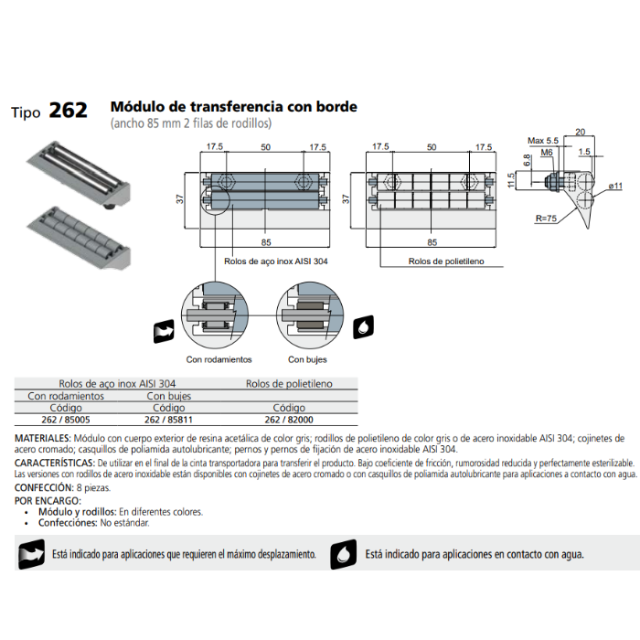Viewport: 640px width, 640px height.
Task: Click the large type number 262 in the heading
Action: (69, 111)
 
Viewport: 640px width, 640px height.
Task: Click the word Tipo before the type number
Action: (26, 112)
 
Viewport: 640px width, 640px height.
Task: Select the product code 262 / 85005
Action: (66, 420)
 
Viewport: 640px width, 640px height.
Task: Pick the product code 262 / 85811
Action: (168, 420)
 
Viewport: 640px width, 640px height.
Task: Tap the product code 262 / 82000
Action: (289, 420)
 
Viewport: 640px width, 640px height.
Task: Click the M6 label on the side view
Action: (547, 153)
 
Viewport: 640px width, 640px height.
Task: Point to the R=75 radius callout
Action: (546, 219)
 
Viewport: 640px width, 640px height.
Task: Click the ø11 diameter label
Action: (615, 187)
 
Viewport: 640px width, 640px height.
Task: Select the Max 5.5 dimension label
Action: (543, 141)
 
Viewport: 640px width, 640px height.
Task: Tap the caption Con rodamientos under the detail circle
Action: (219, 359)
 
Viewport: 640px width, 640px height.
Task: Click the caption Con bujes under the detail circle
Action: (307, 359)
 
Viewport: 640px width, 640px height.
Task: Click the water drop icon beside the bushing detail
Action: (363, 327)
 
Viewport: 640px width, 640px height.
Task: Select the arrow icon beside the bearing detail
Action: (164, 331)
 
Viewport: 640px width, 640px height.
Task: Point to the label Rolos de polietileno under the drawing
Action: (446, 261)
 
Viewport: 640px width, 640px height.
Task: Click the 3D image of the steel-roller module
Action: (79, 175)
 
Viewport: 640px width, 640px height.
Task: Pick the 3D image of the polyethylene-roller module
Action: (79, 238)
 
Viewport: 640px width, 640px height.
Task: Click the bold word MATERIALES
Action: (43, 438)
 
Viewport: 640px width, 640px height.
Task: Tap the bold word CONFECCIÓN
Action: (44, 487)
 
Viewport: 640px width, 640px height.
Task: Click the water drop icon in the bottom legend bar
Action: (343, 554)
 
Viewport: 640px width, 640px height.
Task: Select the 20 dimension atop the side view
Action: (580, 132)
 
